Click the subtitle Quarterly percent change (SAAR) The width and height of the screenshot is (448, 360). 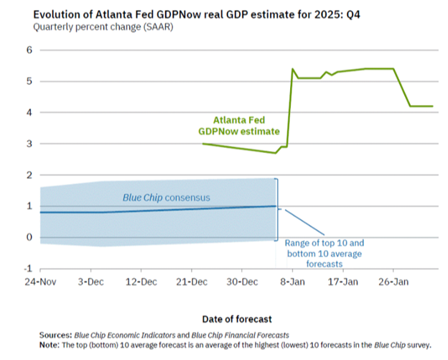coord(102,27)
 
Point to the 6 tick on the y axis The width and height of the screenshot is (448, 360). coord(30,50)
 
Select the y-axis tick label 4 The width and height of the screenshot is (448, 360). coord(30,113)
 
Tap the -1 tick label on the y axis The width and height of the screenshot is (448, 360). coord(29,269)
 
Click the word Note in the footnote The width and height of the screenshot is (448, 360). coord(53,345)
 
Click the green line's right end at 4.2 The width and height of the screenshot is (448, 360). coord(432,106)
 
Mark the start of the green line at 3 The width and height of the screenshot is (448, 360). coord(203,144)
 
